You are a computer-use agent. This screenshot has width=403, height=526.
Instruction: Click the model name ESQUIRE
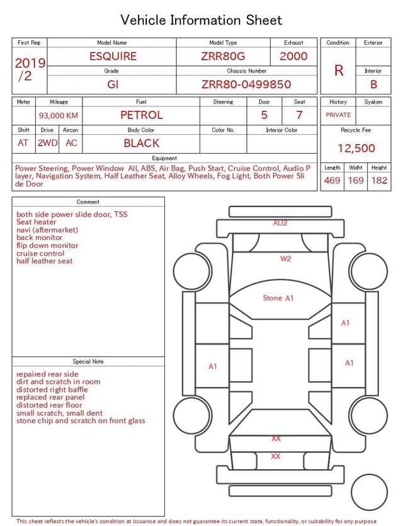113,56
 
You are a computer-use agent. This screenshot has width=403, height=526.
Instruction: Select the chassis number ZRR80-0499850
246,84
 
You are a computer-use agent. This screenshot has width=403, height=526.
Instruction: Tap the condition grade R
339,71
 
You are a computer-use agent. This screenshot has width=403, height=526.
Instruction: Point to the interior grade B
373,84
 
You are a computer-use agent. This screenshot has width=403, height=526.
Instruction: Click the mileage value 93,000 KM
59,116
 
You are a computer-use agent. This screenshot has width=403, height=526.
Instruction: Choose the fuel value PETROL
142,115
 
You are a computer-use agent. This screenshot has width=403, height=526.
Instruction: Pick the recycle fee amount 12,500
356,148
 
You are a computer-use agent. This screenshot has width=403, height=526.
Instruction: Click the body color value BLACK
142,143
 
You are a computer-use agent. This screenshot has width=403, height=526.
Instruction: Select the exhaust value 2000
293,56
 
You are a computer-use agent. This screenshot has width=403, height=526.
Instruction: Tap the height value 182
379,180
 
